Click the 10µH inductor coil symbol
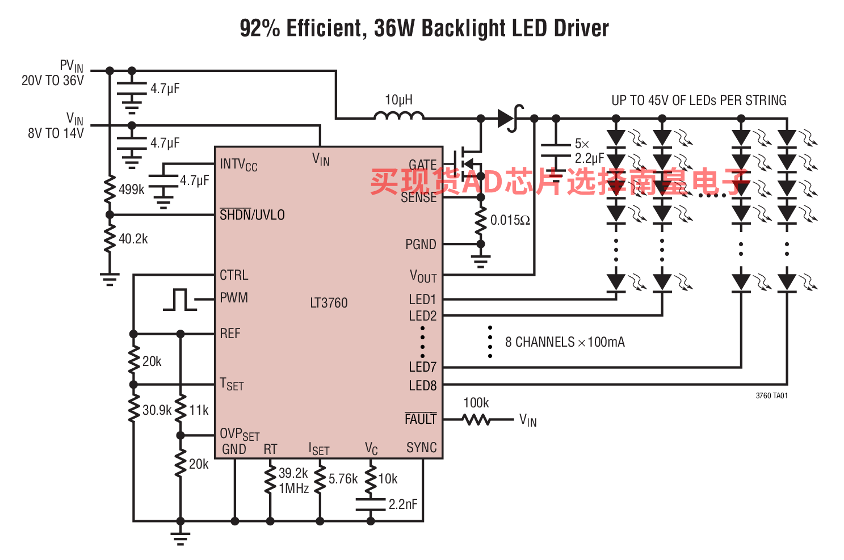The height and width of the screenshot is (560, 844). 400,116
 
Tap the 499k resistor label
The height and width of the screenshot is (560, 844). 132,189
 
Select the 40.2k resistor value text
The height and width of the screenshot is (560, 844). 133,239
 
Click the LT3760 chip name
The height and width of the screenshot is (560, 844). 329,303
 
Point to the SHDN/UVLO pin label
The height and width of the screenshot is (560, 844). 252,214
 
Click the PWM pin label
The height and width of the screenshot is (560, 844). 234,297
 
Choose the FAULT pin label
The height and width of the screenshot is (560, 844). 421,418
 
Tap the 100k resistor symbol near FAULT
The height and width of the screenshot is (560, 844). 476,419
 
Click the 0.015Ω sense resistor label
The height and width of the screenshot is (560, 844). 510,220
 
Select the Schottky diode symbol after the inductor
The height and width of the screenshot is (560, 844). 510,118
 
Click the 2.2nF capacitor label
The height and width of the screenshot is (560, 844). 403,504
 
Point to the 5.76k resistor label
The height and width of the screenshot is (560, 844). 343,479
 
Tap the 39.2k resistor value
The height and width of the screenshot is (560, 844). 293,473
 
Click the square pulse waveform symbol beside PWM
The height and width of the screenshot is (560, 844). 180,300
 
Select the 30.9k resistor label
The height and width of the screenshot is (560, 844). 157,410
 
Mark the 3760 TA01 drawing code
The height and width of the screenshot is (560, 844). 772,395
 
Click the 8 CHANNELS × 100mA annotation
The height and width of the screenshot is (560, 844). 565,342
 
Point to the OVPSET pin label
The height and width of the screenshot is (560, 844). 240,434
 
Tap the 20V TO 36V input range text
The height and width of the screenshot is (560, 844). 53,81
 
